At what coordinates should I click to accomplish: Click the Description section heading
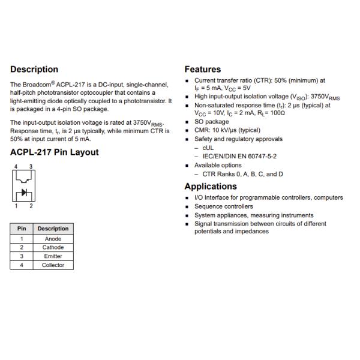click(x=34, y=70)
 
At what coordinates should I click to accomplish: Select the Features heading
click(x=202, y=70)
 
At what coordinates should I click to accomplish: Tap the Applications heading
click(x=211, y=186)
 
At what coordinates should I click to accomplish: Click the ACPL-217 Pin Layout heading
click(x=55, y=152)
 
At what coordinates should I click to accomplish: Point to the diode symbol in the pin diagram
click(x=24, y=193)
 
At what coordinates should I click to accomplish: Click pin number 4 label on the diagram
click(x=16, y=166)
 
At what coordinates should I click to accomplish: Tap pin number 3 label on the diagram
click(x=30, y=166)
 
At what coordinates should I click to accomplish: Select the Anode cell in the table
click(x=53, y=239)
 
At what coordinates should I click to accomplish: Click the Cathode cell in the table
click(x=53, y=247)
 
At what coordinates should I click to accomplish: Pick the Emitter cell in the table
click(x=53, y=256)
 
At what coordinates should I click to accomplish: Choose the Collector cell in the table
click(x=53, y=265)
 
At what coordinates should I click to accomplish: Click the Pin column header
click(x=21, y=229)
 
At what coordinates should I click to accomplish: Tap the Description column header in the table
click(x=53, y=229)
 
